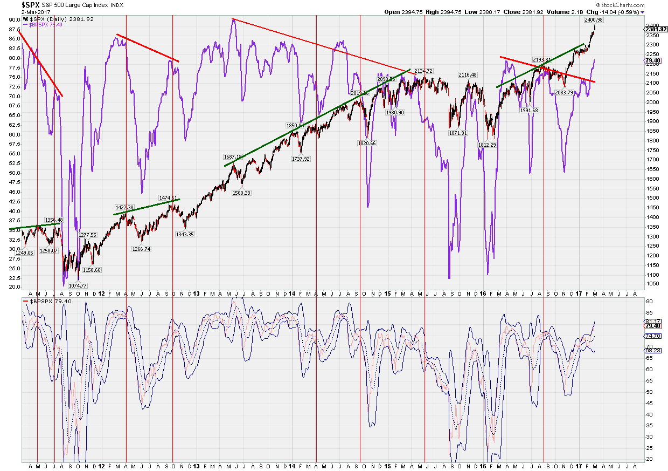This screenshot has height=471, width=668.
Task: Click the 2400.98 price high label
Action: pos(593,20)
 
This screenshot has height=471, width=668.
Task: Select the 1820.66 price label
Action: pos(366,144)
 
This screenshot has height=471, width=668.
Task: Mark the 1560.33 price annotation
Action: pos(241,193)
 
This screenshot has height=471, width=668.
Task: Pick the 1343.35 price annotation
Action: pos(184,234)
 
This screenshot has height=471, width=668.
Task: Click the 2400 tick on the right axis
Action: pos(652,25)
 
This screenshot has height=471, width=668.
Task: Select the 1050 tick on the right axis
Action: pos(652,283)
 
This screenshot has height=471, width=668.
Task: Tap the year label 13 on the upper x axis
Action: pos(197,293)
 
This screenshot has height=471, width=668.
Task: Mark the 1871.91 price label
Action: pos(458,133)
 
